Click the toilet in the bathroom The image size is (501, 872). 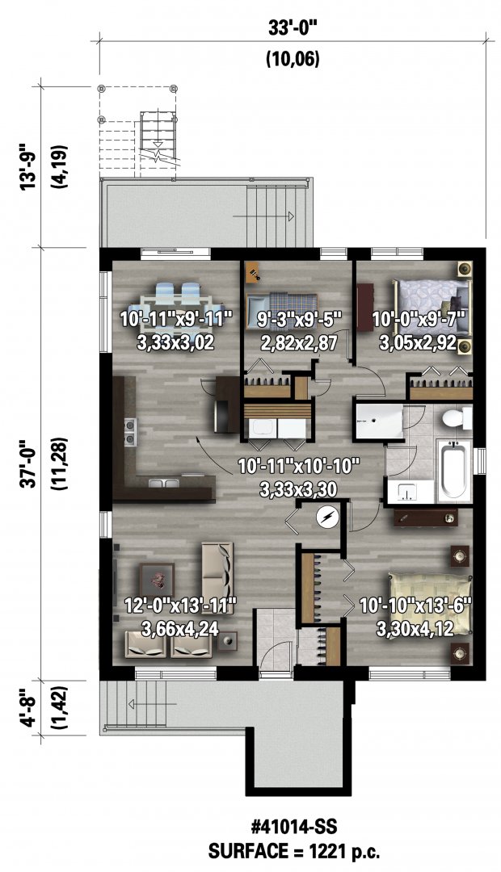coord(456,417)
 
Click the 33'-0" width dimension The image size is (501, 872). coord(293,28)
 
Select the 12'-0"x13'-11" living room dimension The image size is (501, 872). coord(181,605)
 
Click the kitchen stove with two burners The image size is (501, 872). coord(130,433)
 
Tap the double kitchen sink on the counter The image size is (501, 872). coord(163,482)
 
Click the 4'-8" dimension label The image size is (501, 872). coord(28,707)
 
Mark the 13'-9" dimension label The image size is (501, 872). coord(28,167)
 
